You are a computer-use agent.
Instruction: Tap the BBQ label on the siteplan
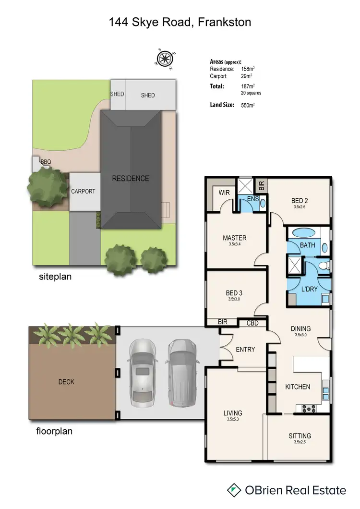[x=46, y=162]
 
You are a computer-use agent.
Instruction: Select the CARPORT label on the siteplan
[x=83, y=191]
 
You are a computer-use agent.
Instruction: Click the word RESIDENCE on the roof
[x=130, y=179]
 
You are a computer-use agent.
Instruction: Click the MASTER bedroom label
[x=234, y=238]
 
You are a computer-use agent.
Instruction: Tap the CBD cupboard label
[x=252, y=323]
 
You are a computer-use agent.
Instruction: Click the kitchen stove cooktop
[x=308, y=409]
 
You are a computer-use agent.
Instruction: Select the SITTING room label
[x=300, y=436]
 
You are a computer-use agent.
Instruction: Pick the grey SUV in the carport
[x=182, y=372]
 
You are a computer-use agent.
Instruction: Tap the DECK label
[x=66, y=382]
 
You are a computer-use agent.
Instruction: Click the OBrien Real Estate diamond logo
[x=234, y=490]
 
